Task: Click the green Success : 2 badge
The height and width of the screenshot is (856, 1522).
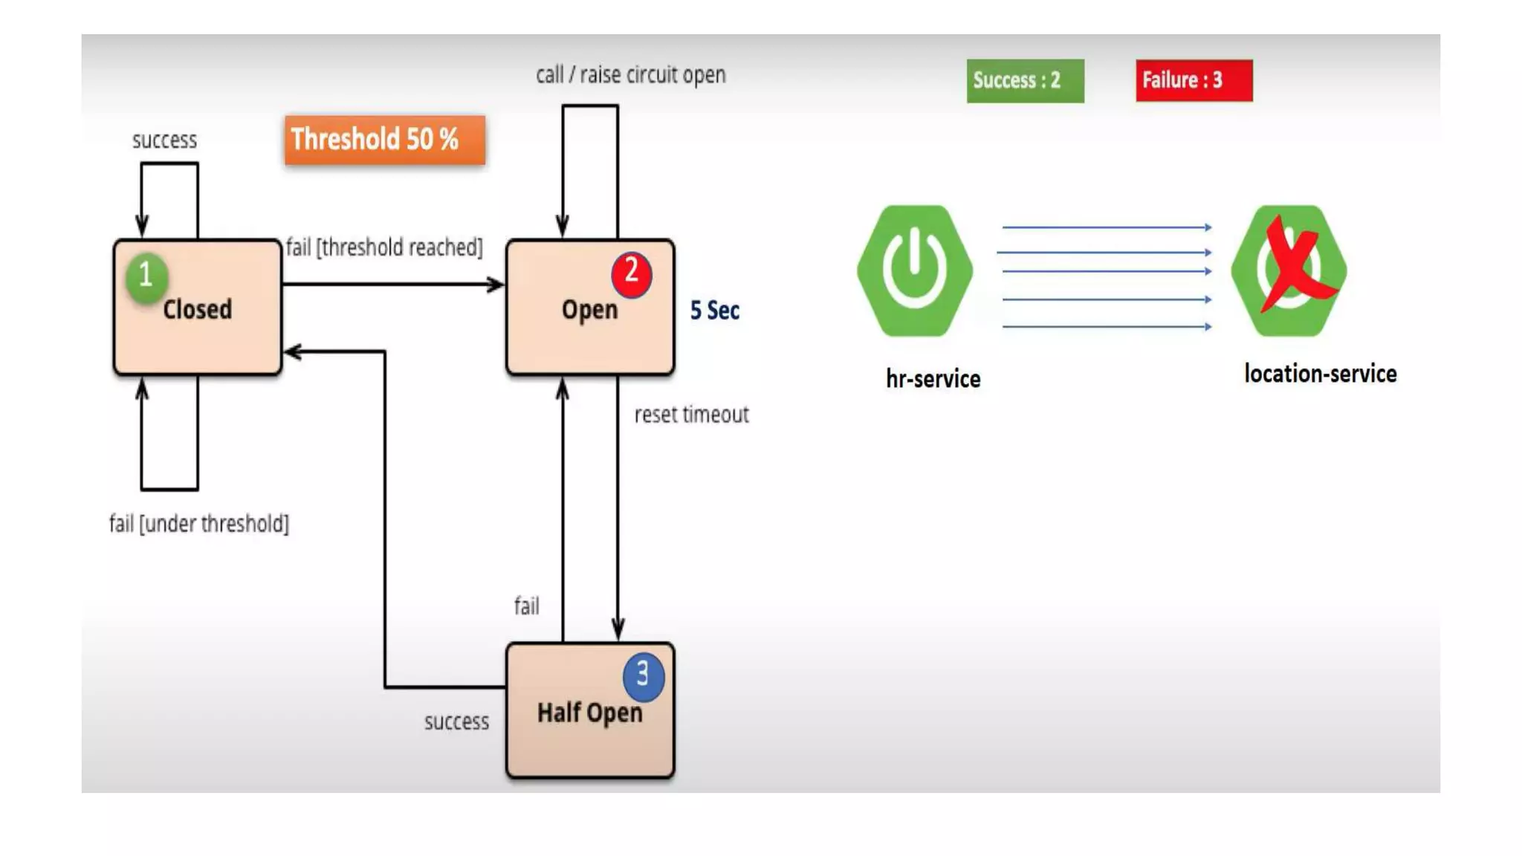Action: (1024, 80)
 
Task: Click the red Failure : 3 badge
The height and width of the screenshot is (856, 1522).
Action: (1193, 80)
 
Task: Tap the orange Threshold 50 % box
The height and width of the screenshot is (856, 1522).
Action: (384, 139)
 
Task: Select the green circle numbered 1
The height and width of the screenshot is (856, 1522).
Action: (146, 276)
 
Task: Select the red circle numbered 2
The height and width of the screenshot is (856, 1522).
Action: (631, 273)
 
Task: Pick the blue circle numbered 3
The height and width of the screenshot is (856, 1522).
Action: (643, 675)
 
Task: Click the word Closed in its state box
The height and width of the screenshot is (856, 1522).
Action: (197, 309)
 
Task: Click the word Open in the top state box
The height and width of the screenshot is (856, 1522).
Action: (589, 310)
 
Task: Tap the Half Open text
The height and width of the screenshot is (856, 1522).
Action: (589, 713)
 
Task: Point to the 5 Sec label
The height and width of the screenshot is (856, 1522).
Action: (714, 311)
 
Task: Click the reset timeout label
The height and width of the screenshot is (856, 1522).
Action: (691, 415)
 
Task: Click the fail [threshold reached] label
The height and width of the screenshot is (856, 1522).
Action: (384, 247)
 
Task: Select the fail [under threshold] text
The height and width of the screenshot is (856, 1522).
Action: (199, 524)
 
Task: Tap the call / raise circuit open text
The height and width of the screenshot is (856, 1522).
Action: (630, 75)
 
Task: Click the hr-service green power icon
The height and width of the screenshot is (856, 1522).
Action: (914, 270)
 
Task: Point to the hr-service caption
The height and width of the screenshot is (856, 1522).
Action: (933, 379)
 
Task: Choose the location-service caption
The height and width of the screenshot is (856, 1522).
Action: (1320, 374)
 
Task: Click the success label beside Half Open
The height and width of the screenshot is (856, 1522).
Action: (456, 722)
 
